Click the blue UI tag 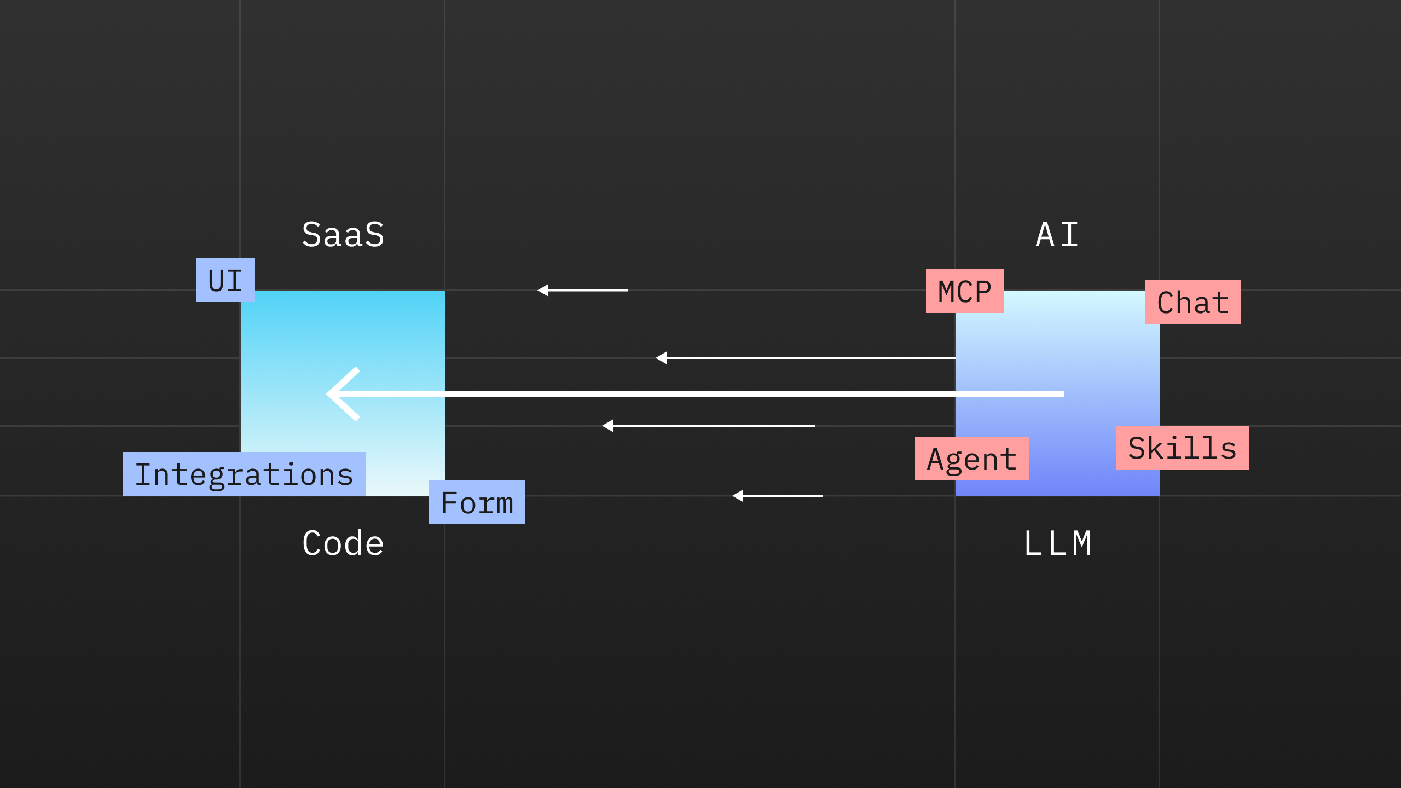225,280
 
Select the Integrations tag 244,474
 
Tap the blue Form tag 477,502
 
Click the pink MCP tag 965,291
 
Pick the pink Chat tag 1193,302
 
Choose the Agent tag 972,459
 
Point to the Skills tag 1183,448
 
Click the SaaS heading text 343,235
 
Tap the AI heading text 1057,235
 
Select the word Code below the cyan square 343,543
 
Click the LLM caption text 1057,543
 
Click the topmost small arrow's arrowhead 543,290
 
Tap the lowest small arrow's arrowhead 738,496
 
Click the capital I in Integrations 142,474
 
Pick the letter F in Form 450,503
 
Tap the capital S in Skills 1138,448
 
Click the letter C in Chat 1166,303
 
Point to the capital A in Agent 936,459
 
